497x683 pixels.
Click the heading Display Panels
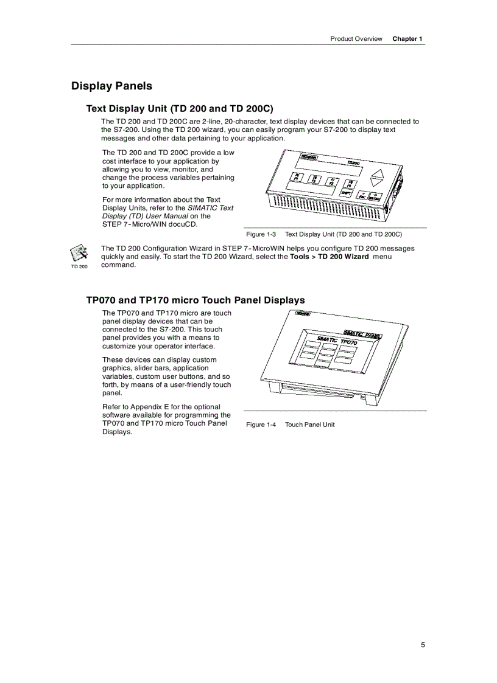click(111, 86)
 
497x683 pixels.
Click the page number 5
click(423, 645)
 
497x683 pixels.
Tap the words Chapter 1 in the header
click(407, 38)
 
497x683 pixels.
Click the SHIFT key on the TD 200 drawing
click(347, 193)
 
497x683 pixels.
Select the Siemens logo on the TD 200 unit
click(309, 157)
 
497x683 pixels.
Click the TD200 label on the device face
click(353, 162)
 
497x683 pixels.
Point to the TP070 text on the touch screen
click(348, 342)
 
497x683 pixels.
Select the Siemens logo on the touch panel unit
click(303, 314)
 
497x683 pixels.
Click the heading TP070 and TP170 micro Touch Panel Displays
click(195, 300)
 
